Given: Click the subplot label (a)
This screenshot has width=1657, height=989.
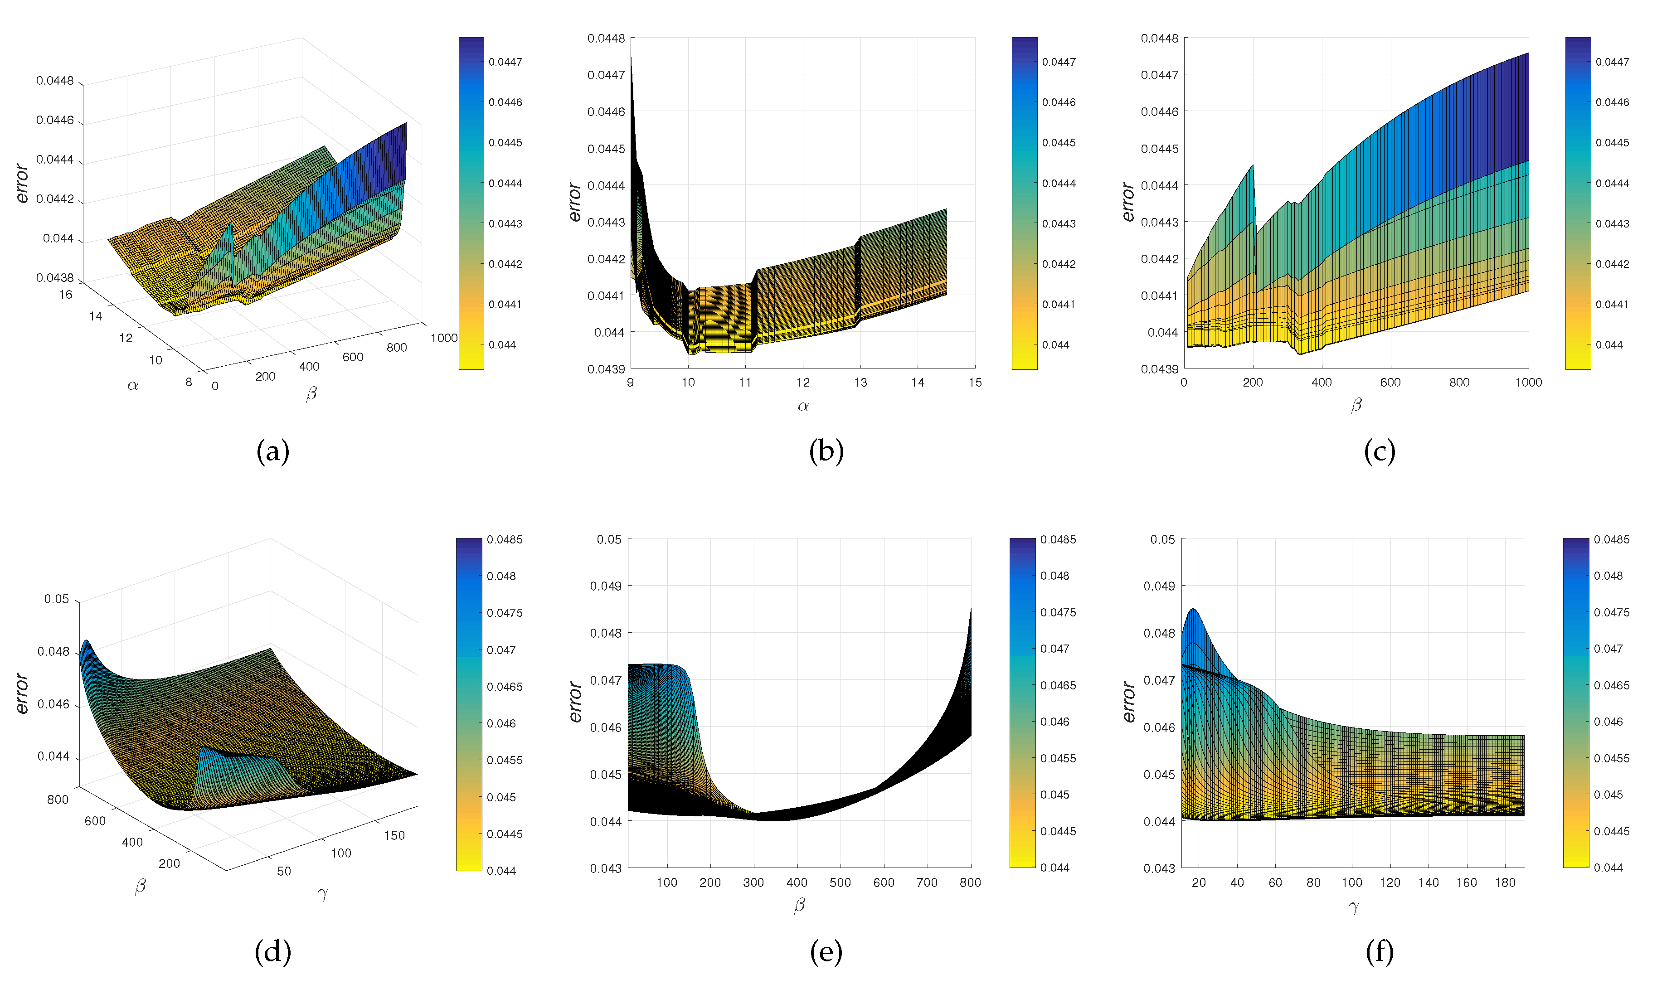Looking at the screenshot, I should (272, 452).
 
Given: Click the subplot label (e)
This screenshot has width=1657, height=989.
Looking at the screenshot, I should (826, 952).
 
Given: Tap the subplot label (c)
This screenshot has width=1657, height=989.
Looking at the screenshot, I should (1379, 452).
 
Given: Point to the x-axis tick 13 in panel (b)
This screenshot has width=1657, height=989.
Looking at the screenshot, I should (860, 383).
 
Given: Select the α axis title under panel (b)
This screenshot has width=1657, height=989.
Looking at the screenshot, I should (803, 406).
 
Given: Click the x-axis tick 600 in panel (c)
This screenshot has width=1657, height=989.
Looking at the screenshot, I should (1390, 383).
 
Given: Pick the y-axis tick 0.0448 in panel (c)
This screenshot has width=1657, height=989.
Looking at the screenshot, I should (1159, 39).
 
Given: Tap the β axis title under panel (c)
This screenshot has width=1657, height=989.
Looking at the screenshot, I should (1356, 405).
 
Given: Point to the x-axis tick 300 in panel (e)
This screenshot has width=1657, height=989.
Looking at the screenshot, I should (753, 883).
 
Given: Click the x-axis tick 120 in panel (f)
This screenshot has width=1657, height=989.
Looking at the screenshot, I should (1390, 883).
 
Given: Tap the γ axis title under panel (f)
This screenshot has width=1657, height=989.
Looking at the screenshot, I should (1353, 907).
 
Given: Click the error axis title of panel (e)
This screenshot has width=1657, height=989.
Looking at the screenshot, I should (575, 702).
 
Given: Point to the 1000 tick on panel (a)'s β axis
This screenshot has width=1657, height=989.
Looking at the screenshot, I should (443, 338).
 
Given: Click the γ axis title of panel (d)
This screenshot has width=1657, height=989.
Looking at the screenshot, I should (323, 894).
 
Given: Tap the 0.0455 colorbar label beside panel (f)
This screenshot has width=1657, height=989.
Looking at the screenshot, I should (1611, 758).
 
